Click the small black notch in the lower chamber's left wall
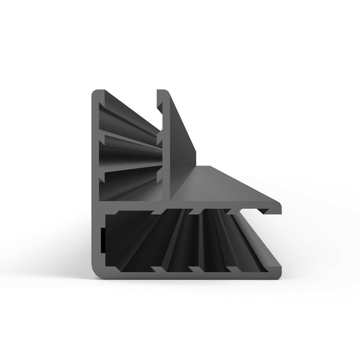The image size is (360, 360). (103, 240)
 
